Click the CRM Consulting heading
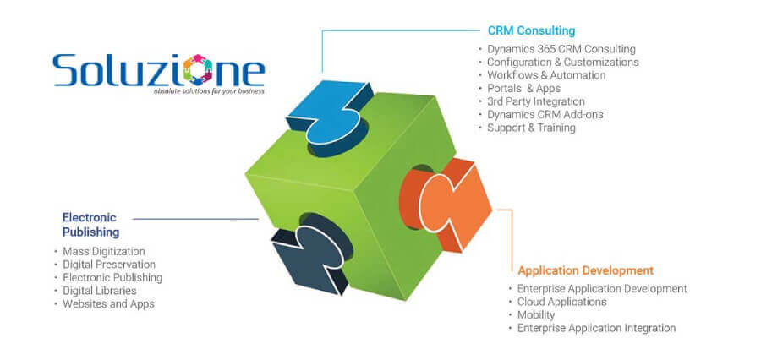(x=531, y=30)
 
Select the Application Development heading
(x=585, y=270)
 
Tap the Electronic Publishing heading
(x=90, y=225)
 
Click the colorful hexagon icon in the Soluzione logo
(x=198, y=70)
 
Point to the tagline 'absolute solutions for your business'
(x=209, y=90)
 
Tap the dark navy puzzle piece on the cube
(x=310, y=253)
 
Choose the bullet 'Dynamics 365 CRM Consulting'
(x=561, y=49)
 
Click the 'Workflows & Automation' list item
(x=546, y=75)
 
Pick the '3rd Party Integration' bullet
(x=536, y=101)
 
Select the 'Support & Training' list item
(x=531, y=128)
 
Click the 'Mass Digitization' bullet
(x=104, y=251)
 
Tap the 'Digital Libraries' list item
(x=100, y=291)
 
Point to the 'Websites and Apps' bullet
(x=109, y=303)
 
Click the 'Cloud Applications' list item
(x=562, y=302)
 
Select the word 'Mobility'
(x=536, y=315)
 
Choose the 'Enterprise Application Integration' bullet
(x=596, y=328)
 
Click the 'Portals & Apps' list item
(x=523, y=88)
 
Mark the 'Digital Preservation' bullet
(x=109, y=265)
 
